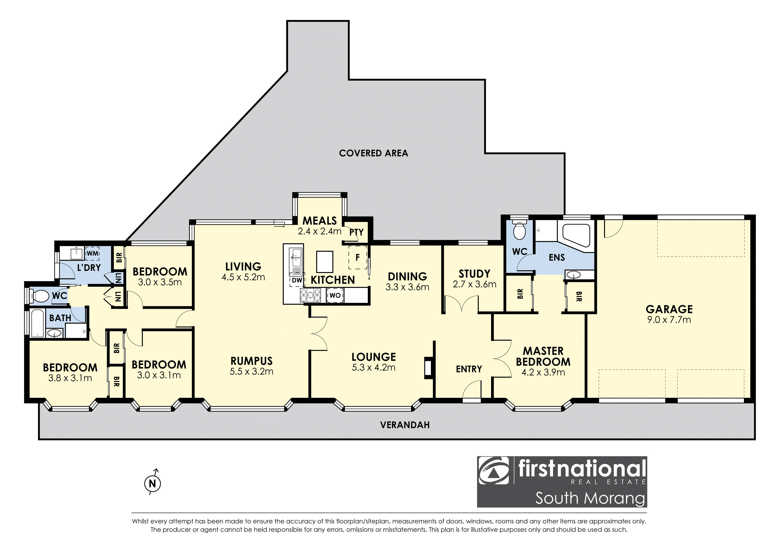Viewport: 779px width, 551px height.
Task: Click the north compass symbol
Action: [x=152, y=483]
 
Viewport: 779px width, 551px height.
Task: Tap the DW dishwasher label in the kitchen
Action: [x=297, y=280]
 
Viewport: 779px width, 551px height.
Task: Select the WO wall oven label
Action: [x=335, y=295]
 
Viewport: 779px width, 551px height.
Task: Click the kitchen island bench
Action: [x=325, y=262]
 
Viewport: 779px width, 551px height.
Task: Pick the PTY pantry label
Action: [x=356, y=232]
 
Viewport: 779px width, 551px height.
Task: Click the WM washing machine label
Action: [x=92, y=253]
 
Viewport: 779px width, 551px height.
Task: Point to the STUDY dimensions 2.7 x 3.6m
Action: [x=474, y=284]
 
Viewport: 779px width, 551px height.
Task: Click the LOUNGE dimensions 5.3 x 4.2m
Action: [x=374, y=367]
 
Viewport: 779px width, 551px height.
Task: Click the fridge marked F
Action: [x=358, y=258]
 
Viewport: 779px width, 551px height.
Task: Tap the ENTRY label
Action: [x=469, y=369]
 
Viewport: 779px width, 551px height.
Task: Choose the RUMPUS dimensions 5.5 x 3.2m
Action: [x=251, y=371]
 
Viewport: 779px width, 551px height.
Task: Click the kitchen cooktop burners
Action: [x=310, y=295]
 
